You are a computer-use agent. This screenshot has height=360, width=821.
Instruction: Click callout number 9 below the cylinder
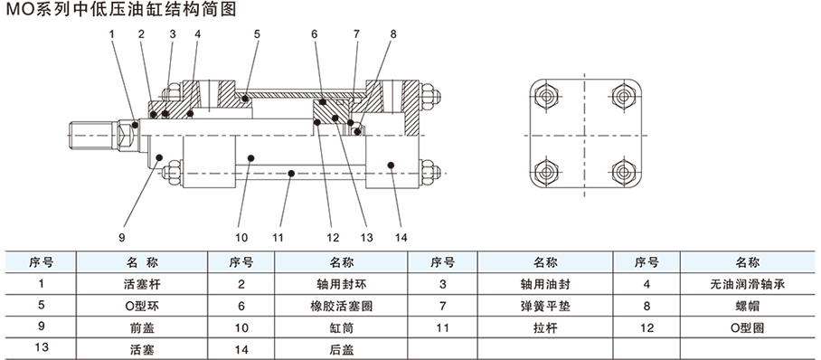click(121, 237)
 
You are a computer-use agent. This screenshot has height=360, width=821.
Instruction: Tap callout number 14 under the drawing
click(401, 237)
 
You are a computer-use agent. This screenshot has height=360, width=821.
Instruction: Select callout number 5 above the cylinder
click(257, 34)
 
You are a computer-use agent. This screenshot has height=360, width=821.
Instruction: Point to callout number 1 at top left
click(111, 34)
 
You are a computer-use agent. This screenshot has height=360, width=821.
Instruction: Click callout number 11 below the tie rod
click(278, 237)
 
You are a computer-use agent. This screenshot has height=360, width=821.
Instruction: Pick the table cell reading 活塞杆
click(143, 285)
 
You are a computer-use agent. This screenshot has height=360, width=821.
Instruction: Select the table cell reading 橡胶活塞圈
click(342, 306)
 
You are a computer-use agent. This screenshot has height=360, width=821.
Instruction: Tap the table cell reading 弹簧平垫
click(545, 306)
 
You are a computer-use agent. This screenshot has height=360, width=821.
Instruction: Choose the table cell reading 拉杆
click(545, 328)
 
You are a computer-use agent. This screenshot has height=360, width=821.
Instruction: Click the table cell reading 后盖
click(342, 349)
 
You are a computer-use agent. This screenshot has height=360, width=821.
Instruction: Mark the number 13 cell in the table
click(42, 349)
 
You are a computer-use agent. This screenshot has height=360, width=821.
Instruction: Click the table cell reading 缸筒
click(342, 328)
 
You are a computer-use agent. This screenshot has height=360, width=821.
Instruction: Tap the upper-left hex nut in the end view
click(546, 97)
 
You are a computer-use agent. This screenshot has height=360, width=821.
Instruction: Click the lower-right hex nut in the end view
click(623, 172)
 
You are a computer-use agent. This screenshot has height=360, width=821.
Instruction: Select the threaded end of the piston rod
click(92, 134)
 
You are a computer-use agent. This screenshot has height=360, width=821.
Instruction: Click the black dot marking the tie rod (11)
click(292, 173)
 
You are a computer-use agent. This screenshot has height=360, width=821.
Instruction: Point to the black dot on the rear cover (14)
click(391, 165)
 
